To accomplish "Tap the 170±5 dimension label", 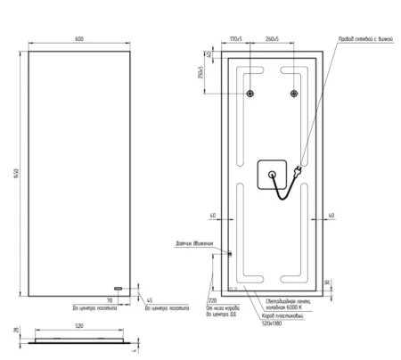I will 236,39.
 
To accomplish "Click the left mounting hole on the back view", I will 250,94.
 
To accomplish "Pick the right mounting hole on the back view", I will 291,94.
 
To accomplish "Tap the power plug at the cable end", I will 299,166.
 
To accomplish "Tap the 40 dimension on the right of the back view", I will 331,215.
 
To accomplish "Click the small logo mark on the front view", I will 117,288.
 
